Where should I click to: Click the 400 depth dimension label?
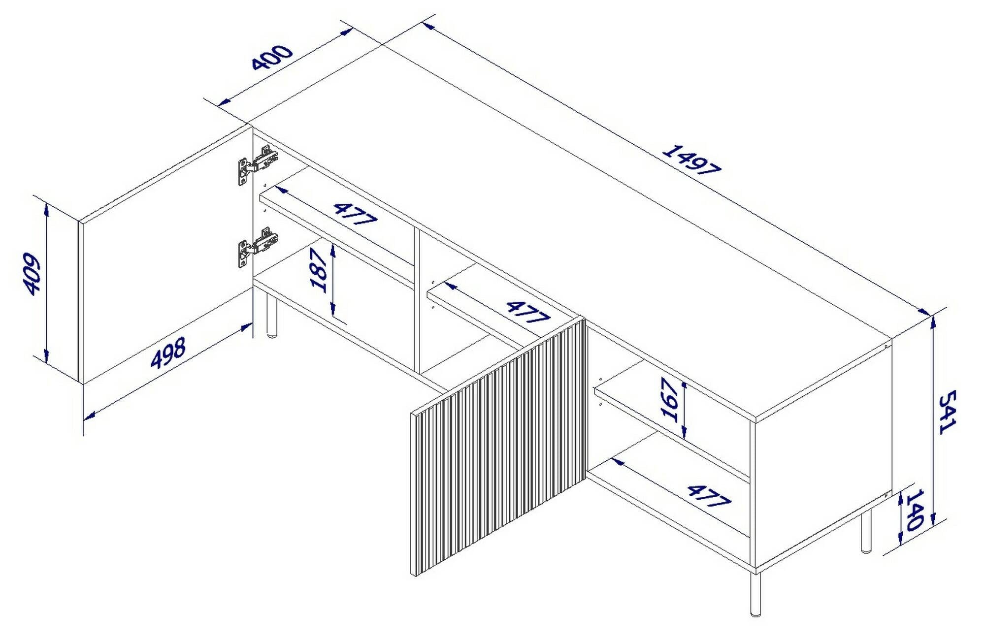pyautogui.click(x=272, y=57)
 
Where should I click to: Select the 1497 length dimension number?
pyautogui.click(x=691, y=160)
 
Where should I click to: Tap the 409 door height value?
pyautogui.click(x=31, y=274)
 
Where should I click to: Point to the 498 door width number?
pyautogui.click(x=168, y=353)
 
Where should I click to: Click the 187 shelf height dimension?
pyautogui.click(x=319, y=271)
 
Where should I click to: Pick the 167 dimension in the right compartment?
pyautogui.click(x=671, y=400)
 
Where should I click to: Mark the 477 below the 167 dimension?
pyautogui.click(x=708, y=496)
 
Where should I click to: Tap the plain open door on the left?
pyautogui.click(x=163, y=256)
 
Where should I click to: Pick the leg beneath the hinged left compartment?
pyautogui.click(x=271, y=315)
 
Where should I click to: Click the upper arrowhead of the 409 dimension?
pyautogui.click(x=46, y=209)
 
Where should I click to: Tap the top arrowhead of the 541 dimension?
pyautogui.click(x=932, y=322)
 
